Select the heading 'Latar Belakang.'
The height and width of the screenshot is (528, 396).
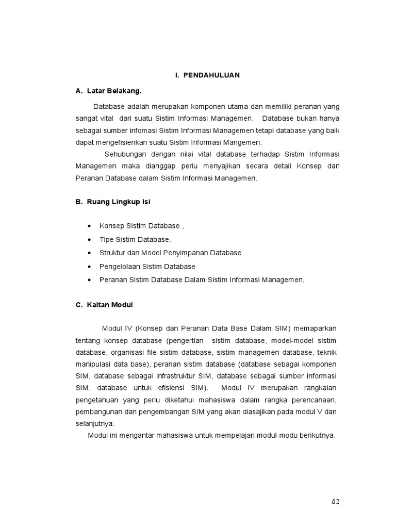113,91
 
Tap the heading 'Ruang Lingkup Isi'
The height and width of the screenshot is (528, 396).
117,202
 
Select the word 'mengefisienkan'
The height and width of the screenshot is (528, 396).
119,142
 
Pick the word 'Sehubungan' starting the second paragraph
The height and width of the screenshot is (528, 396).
124,154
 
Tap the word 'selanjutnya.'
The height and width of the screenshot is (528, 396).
95,423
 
